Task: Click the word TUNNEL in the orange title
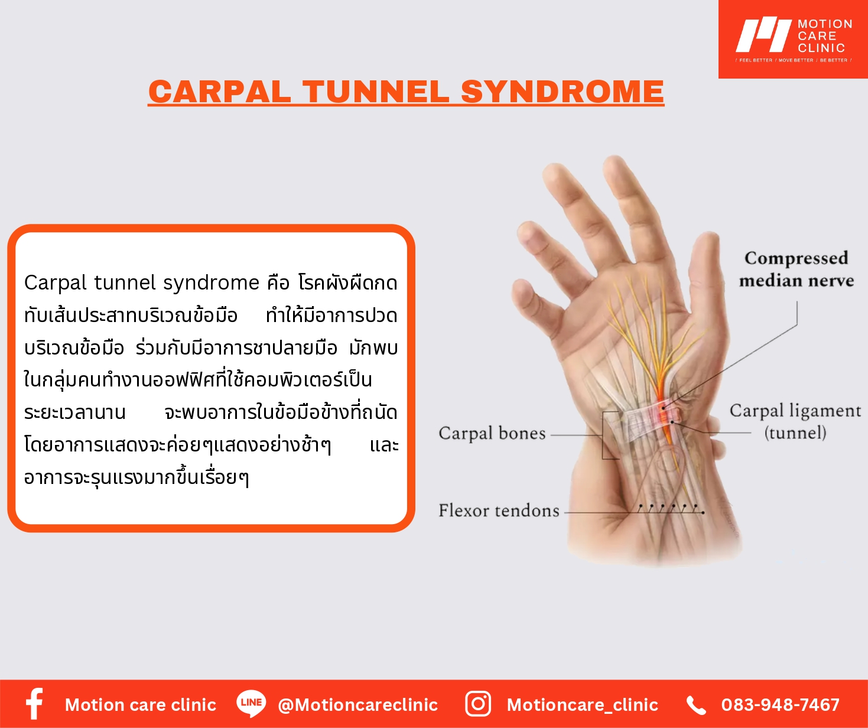(376, 92)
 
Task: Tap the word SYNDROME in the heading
(562, 92)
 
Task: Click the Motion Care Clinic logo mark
(763, 35)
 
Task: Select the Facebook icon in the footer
(34, 703)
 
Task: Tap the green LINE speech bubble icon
(251, 703)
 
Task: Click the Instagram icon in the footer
(478, 704)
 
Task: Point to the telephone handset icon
(696, 705)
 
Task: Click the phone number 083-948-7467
(781, 705)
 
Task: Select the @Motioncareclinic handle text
(358, 705)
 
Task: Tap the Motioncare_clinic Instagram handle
(583, 705)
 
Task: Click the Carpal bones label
(492, 433)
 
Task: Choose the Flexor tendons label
(499, 511)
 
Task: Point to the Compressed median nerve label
(797, 269)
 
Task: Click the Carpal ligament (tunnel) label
(795, 421)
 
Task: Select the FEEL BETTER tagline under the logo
(755, 60)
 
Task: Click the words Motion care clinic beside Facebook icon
(141, 705)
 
